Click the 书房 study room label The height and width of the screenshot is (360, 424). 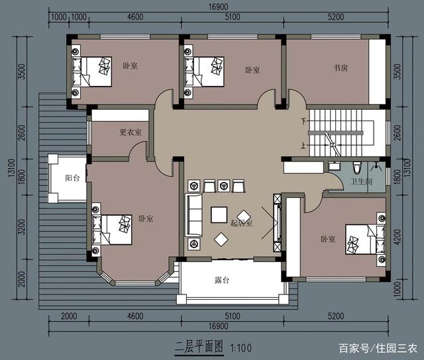coord(342,67)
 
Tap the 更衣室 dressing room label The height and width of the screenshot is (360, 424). coord(131,132)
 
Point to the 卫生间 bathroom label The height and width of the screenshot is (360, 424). coord(362,182)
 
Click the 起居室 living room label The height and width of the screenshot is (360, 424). coord(241,223)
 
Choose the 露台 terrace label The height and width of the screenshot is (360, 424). coord(222,281)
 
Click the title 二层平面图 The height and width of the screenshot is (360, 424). coord(198,347)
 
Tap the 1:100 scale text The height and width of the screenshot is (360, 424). coord(241,347)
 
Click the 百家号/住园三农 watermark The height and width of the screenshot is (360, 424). coord(378,348)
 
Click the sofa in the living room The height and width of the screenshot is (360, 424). coord(194,216)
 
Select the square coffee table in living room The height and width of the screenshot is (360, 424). coord(219,214)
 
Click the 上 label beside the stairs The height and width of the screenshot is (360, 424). coord(304,146)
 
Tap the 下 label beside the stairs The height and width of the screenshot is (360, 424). coord(304,122)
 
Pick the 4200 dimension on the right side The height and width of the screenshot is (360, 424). coord(397,236)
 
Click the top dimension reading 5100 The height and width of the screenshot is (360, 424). coord(233,17)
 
